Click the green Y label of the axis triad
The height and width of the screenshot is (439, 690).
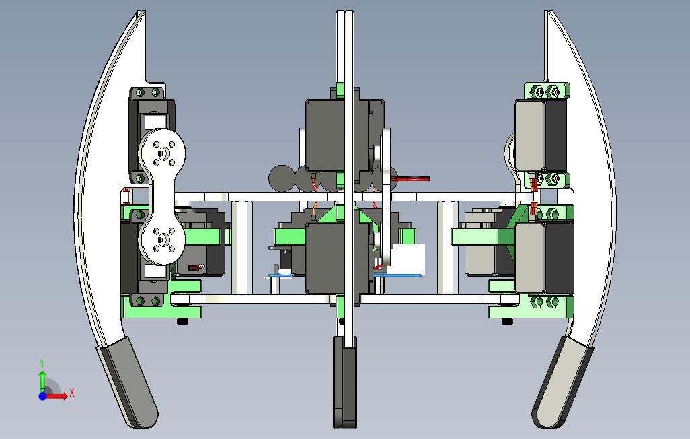coord(42,364)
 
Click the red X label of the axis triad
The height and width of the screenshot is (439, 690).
coord(72,393)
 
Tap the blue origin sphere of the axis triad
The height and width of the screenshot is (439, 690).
coord(42,396)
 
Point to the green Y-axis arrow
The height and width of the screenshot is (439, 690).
coord(42,381)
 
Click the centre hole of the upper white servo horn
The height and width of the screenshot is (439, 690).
coord(162,154)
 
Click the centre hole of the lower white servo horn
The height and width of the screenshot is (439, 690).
coord(162,240)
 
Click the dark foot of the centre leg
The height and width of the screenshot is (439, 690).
coord(344,382)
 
